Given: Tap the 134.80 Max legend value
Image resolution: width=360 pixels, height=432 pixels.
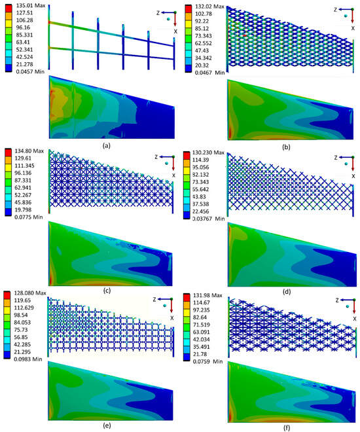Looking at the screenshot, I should [27, 152].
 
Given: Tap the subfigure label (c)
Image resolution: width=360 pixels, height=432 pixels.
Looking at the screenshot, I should [106, 273].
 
